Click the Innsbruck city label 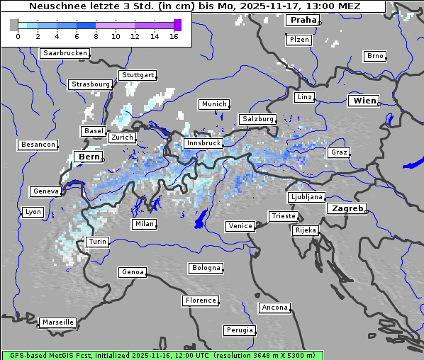(x=203, y=143)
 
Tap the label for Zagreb (x=346, y=208)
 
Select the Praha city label (x=303, y=20)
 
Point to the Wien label (x=364, y=101)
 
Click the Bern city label (x=89, y=156)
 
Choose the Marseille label (x=57, y=322)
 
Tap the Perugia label (x=239, y=330)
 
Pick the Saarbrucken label (x=65, y=53)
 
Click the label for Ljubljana (x=306, y=197)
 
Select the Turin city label (x=97, y=242)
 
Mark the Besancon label (x=38, y=145)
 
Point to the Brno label (x=374, y=56)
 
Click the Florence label (x=201, y=300)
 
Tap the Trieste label (x=283, y=216)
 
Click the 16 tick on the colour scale (x=174, y=36)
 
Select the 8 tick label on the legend (x=96, y=36)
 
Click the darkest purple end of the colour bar (x=177, y=25)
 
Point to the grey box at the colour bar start (x=13, y=25)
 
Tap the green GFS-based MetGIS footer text (x=162, y=355)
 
